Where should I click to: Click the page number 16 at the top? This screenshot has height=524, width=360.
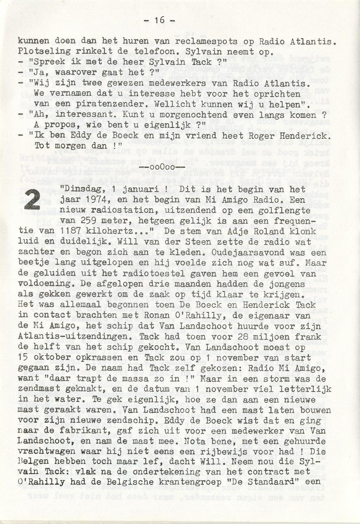tap(159, 20)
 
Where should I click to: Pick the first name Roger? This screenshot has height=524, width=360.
tap(268, 135)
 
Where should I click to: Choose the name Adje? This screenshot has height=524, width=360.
tap(232, 231)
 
